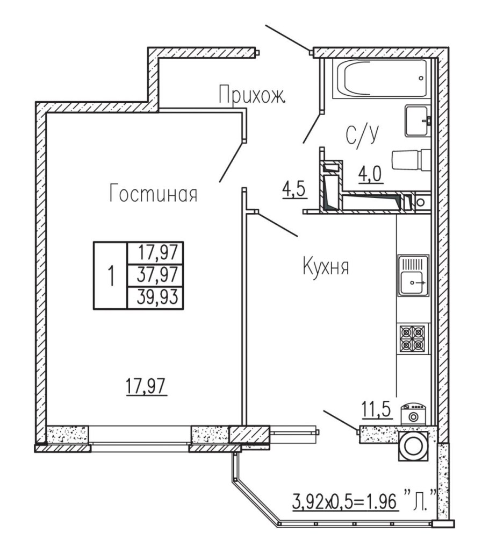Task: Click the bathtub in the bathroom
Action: pos(381,79)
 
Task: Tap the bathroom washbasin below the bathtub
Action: pos(418,120)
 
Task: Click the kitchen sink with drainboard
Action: pos(414,275)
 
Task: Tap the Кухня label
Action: pos(326,267)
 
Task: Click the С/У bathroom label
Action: pos(362,135)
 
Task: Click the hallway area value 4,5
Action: pos(295,191)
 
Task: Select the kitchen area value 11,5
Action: pos(377,409)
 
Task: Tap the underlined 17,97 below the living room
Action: pos(146,386)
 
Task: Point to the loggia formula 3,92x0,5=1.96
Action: pos(346,501)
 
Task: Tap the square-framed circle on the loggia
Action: pos(413,446)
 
